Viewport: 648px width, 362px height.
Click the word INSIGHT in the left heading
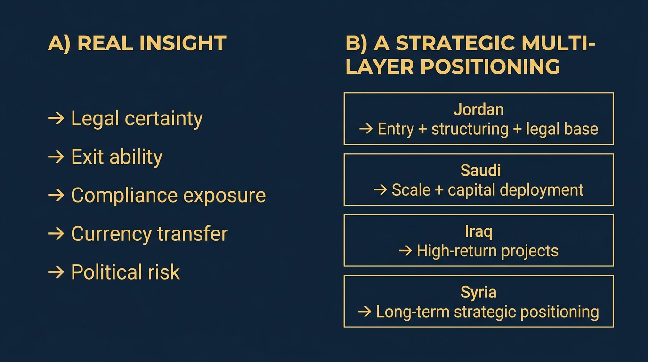(183, 43)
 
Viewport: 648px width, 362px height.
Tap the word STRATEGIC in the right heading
(455, 43)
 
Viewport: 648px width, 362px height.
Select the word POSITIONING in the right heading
(490, 66)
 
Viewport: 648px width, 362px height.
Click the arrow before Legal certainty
(56, 118)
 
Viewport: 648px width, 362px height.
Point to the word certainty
(164, 119)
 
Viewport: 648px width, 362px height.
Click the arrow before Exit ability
(56, 157)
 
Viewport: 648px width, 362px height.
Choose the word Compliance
(124, 196)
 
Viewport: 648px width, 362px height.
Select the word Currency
(111, 234)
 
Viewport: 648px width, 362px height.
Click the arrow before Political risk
(56, 272)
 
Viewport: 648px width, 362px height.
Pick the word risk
(164, 272)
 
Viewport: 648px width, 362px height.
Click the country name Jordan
(478, 110)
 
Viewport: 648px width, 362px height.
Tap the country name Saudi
(480, 170)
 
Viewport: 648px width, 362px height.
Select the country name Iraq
(478, 232)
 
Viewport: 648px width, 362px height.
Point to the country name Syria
(478, 293)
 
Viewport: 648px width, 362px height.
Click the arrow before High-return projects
(405, 251)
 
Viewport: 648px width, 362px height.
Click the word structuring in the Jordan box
(470, 130)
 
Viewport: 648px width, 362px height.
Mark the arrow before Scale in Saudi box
(381, 190)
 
